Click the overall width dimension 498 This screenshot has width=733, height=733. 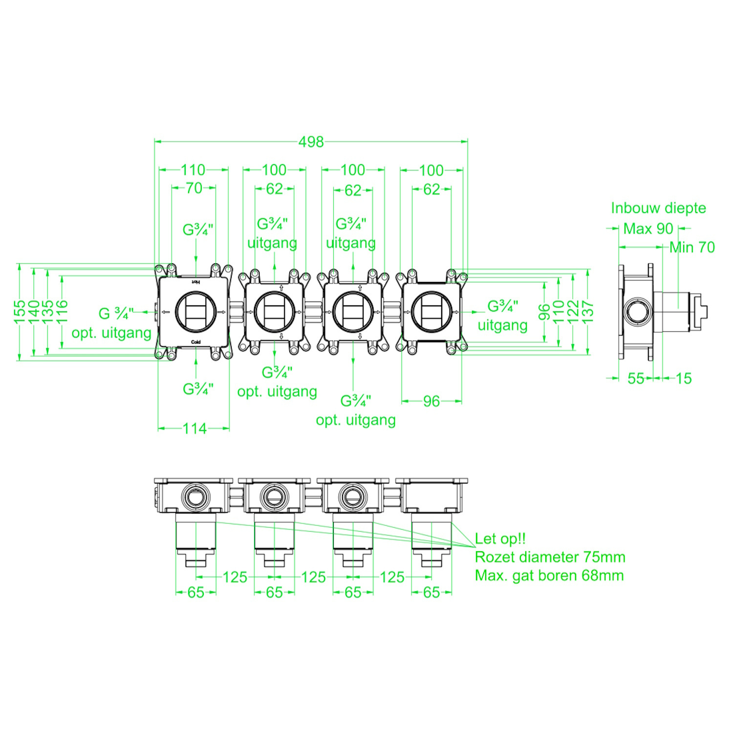pos(311,142)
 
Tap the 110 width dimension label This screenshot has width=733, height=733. pos(193,170)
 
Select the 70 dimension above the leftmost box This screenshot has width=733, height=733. pos(194,188)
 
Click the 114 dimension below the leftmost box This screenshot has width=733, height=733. pos(194,429)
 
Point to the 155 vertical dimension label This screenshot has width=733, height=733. pos(20,312)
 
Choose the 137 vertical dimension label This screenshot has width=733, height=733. pos(588,311)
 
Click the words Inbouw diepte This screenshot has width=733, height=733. pos(658,208)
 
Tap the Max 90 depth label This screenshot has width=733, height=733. pos(648,228)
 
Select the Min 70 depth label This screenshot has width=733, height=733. pos(692,247)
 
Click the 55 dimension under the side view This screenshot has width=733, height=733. pos(636,378)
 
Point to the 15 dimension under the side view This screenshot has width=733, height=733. pos(684,378)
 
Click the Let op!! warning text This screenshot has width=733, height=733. pos(500,539)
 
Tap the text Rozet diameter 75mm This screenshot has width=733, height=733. pos(550,557)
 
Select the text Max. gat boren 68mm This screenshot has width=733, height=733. pos(549,575)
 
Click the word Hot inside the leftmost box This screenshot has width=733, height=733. pos(195,282)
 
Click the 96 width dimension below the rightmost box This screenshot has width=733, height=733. pos(431,401)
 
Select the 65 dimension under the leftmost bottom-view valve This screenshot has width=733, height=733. pos(195,592)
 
